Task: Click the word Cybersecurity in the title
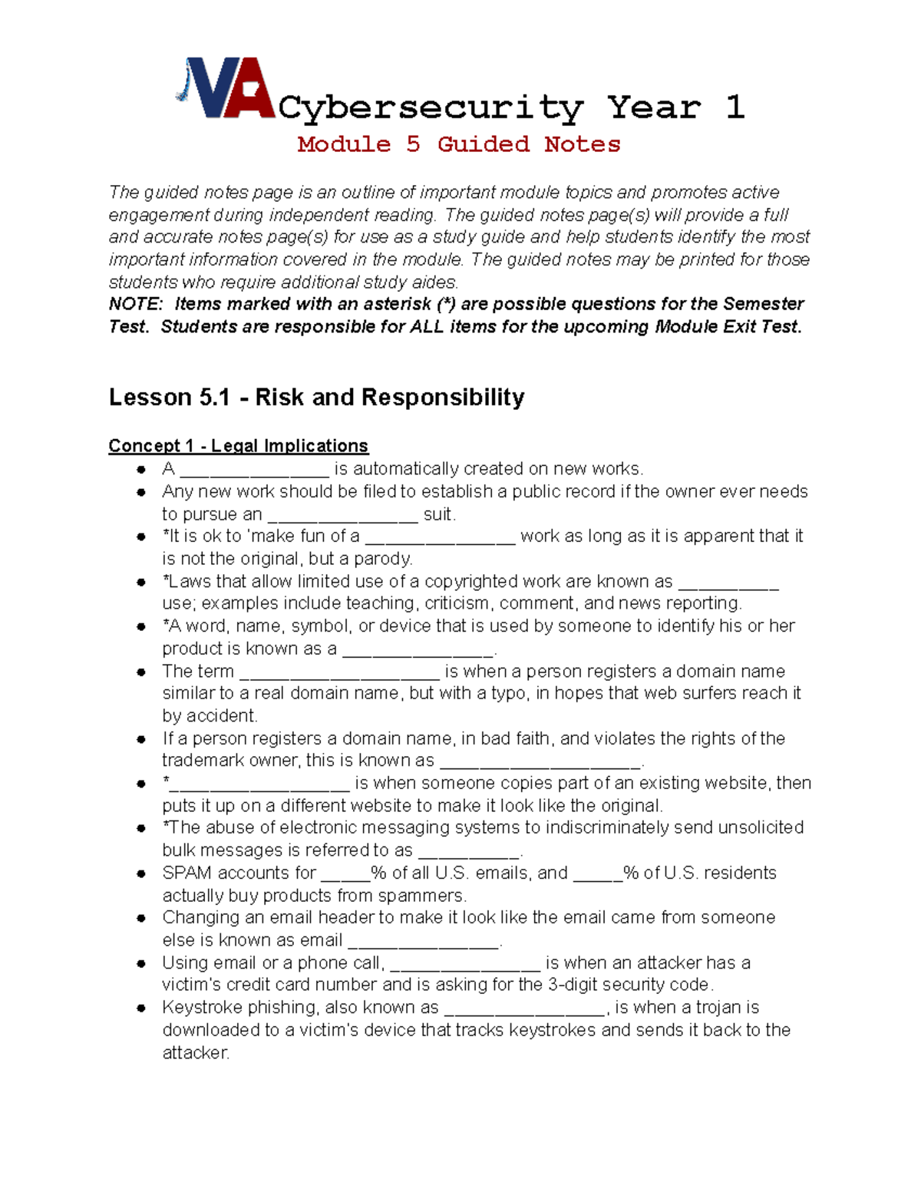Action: [431, 107]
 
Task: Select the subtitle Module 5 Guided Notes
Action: [459, 144]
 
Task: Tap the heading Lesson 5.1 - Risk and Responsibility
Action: [316, 397]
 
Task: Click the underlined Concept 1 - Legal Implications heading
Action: [238, 446]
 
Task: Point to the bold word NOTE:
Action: [136, 304]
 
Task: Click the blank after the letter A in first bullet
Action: [254, 471]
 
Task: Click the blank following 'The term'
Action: [339, 673]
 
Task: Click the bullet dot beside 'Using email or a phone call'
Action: [141, 963]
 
